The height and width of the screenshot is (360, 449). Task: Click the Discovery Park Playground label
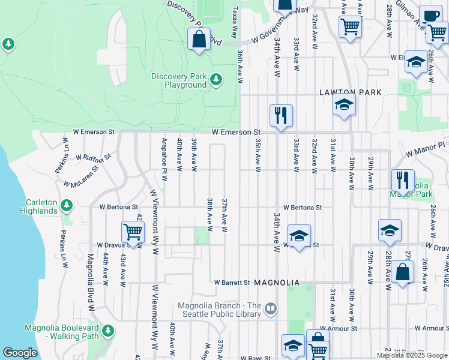click(178, 80)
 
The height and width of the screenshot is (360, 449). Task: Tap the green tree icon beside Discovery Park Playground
click(216, 79)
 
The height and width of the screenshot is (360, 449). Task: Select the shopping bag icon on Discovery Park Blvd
click(199, 40)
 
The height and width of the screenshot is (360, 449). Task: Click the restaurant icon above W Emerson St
click(280, 115)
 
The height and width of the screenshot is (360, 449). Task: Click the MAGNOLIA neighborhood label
click(276, 282)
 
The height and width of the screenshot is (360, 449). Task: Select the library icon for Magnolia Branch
click(271, 310)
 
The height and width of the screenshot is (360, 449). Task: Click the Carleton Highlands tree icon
click(67, 206)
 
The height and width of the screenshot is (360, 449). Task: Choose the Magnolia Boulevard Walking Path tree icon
click(108, 331)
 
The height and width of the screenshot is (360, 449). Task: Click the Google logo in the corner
click(20, 353)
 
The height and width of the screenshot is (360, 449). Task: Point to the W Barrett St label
click(232, 282)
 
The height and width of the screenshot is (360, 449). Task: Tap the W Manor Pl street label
click(426, 149)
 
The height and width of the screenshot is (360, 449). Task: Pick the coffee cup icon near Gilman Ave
click(429, 16)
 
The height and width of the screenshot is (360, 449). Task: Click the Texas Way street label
click(234, 18)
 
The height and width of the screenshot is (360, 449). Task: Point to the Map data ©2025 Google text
click(412, 355)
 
